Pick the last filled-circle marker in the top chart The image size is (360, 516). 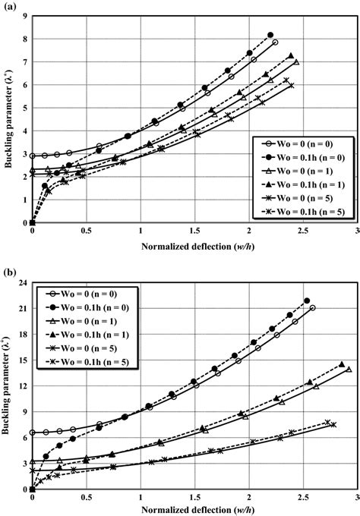(270, 35)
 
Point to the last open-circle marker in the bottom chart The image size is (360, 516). (312, 308)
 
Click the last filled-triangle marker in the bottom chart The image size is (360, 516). (342, 364)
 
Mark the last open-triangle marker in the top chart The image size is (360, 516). (296, 62)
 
